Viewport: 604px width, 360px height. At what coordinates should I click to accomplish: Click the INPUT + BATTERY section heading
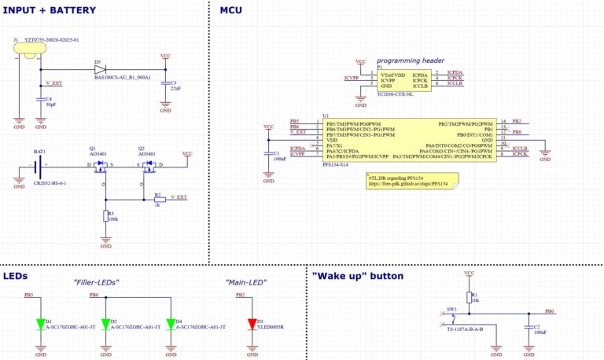49,10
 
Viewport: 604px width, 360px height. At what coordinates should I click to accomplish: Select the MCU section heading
231,10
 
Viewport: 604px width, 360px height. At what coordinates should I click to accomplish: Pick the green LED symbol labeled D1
40,323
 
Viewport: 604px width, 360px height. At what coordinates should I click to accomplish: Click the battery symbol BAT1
39,166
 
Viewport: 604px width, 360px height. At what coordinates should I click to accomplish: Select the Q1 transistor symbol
99,166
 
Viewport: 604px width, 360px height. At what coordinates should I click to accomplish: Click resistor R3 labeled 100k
105,217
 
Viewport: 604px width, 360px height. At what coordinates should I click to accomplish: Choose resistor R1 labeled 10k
470,297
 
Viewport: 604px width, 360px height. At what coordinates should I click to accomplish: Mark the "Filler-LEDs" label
97,281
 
